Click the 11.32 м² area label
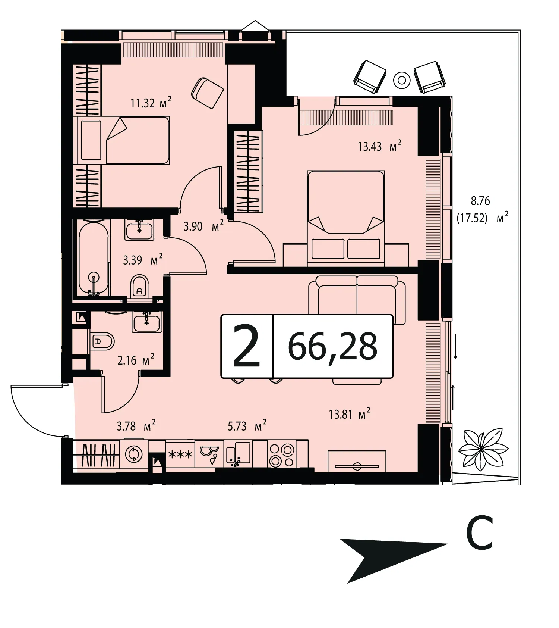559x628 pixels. [151, 102]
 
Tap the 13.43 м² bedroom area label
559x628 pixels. [379, 146]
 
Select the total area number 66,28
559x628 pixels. [332, 347]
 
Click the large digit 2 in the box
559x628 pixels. [246, 346]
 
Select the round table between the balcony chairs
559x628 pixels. [402, 80]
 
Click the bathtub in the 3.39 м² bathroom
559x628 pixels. [94, 258]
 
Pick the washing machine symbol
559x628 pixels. [133, 454]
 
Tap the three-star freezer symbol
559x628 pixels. [180, 454]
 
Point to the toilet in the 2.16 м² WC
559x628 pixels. [102, 341]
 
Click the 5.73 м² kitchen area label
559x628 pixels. [247, 426]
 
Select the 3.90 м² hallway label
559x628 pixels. [203, 226]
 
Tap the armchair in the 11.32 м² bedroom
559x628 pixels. [207, 93]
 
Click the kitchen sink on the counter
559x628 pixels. [239, 454]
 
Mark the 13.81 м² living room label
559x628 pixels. [350, 414]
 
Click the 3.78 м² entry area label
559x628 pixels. [136, 426]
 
